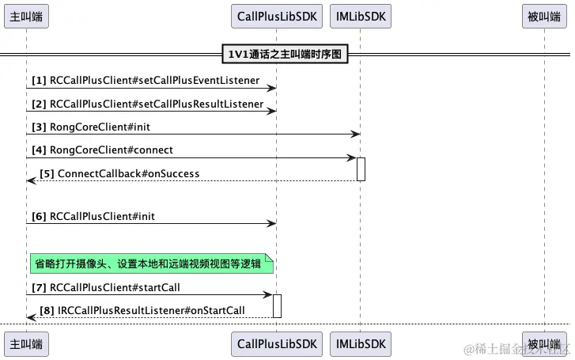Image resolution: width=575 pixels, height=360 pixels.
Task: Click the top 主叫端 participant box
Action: click(x=26, y=15)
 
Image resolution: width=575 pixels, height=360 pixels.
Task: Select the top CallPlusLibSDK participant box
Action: click(x=277, y=15)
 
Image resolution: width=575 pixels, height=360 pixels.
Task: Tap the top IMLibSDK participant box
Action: click(x=360, y=15)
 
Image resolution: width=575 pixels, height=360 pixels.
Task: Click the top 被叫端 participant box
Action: click(x=544, y=15)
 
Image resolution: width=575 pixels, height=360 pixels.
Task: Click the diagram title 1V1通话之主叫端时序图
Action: click(x=285, y=54)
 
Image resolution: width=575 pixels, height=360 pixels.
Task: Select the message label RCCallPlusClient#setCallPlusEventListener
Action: click(x=154, y=80)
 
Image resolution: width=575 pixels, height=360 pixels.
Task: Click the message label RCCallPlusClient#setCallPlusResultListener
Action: click(x=156, y=104)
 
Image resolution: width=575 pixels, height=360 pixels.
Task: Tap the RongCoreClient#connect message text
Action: click(x=112, y=150)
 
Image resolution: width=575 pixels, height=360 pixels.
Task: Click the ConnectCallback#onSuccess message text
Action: click(x=128, y=173)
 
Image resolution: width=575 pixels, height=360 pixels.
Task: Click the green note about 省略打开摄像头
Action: click(x=151, y=263)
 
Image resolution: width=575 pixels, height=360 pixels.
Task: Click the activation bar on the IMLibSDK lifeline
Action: click(x=361, y=169)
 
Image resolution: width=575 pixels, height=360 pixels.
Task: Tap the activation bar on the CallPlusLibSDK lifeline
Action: click(x=277, y=305)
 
